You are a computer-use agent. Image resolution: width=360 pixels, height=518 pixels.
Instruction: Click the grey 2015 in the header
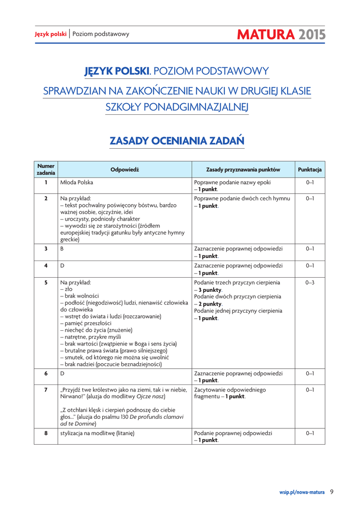[311, 34]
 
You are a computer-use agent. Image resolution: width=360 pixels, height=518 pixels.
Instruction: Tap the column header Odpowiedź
[125, 169]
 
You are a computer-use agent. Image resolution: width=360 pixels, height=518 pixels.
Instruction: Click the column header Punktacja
[309, 169]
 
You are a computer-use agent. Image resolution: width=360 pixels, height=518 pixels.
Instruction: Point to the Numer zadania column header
[46, 169]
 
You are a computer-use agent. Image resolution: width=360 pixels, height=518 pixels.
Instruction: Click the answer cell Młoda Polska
[76, 182]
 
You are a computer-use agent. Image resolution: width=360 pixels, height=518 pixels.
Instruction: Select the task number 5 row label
[46, 282]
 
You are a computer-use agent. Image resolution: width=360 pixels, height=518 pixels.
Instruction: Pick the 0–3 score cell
[310, 282]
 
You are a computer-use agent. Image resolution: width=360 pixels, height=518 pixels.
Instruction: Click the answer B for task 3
[62, 249]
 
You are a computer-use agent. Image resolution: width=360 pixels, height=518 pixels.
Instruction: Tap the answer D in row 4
[62, 266]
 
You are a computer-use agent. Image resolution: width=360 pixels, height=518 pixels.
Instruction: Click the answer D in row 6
[62, 373]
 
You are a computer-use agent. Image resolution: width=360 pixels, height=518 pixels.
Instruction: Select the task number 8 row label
[46, 434]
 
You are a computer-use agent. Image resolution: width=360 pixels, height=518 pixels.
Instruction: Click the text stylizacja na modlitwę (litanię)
[100, 434]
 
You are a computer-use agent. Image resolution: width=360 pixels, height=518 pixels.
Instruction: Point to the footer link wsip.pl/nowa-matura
[302, 491]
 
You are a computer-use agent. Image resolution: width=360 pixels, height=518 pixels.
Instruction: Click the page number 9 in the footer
[332, 491]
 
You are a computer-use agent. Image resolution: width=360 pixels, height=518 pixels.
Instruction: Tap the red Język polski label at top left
[51, 34]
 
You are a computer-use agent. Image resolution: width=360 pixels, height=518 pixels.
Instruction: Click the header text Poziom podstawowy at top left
[101, 34]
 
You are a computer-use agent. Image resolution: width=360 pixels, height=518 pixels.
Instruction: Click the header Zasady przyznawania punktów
[243, 169]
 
